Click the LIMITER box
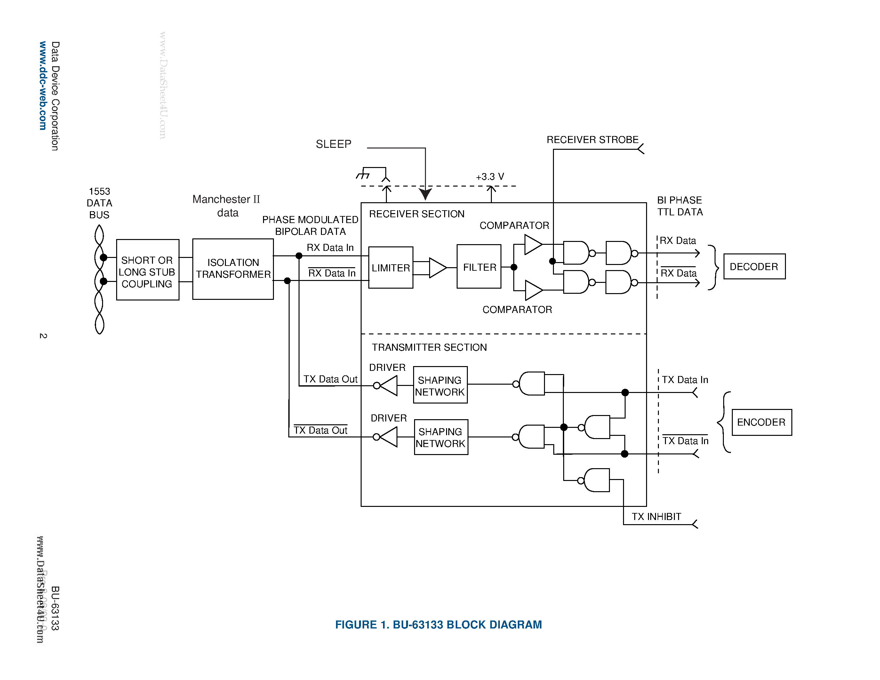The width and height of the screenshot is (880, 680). [390, 268]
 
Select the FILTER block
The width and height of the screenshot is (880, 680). [479, 267]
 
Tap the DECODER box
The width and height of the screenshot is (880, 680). [754, 266]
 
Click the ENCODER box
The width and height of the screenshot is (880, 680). [761, 422]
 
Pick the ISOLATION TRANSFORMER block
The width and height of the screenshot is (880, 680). [233, 269]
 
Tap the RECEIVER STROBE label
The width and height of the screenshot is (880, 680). [592, 140]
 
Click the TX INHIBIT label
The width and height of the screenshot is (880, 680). [656, 516]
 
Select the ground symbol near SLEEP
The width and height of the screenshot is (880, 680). [363, 174]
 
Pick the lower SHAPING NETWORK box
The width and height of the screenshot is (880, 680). [441, 437]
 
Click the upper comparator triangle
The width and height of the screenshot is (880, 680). [532, 244]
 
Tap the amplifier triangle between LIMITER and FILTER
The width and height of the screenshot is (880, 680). [436, 268]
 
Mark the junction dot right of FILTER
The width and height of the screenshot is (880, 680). [514, 267]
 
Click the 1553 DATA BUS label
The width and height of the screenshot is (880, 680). [100, 203]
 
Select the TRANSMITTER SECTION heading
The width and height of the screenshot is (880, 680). [429, 347]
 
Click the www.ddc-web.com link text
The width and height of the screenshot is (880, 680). [43, 85]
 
